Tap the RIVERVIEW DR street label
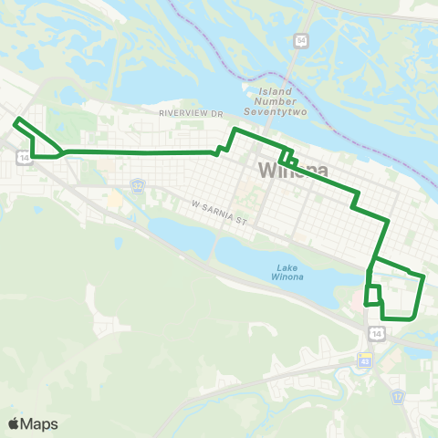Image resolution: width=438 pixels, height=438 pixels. click(x=191, y=113)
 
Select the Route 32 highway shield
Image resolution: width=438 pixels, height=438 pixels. click(x=137, y=185)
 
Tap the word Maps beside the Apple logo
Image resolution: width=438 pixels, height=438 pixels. click(x=39, y=423)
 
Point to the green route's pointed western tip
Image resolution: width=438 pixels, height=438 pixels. click(x=15, y=120)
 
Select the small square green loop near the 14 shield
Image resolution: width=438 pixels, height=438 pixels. click(x=373, y=295)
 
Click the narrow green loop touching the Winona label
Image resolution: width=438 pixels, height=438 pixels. click(x=287, y=157)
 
